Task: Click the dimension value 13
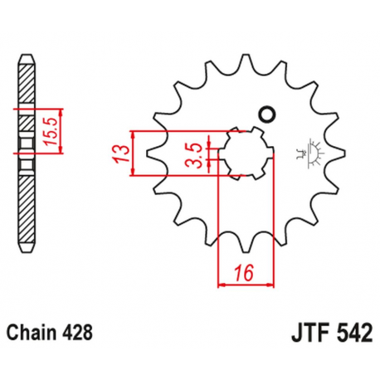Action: pos(122,153)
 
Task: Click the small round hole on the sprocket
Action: pos(266,114)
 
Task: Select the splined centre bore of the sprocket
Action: pos(239,153)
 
